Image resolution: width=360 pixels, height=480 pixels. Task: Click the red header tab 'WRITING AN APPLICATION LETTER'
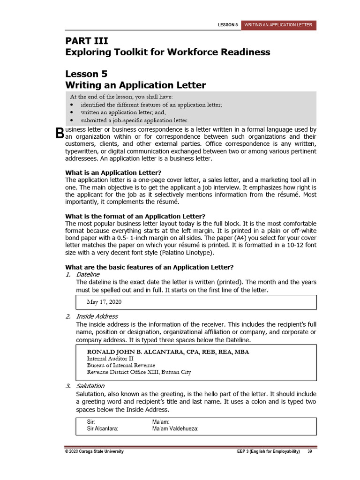279,25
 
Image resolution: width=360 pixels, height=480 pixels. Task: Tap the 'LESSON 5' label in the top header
228,25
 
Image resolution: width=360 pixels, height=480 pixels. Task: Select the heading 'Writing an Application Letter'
135,85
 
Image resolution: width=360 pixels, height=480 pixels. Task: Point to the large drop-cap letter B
59,133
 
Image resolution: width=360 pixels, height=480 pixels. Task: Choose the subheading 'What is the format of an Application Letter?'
135,216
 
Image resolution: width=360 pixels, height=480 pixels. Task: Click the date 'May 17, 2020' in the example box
104,301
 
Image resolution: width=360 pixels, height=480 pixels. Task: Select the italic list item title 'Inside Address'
97,316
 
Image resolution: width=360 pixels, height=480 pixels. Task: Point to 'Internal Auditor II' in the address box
111,359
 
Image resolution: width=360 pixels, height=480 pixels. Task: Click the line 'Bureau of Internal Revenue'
121,365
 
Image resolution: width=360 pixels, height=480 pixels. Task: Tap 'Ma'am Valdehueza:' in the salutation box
175,428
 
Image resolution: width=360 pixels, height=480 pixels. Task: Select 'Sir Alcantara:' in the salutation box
103,428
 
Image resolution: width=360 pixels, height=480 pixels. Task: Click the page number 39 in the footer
310,451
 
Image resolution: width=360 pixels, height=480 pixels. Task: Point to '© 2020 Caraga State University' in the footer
94,451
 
